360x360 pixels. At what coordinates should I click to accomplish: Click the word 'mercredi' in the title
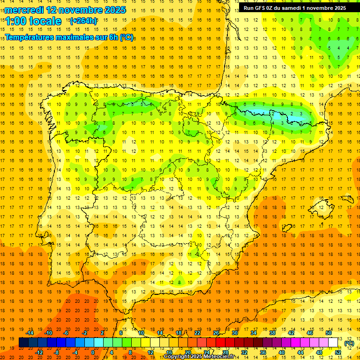(x=23, y=10)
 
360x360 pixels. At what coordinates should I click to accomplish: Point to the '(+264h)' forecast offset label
(x=83, y=21)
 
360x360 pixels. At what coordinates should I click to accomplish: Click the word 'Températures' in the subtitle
(x=32, y=37)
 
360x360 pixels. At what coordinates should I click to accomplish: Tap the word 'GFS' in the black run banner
(x=262, y=8)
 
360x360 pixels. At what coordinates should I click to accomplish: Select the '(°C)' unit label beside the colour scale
(x=349, y=343)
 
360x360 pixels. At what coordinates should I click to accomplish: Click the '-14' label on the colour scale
(x=30, y=333)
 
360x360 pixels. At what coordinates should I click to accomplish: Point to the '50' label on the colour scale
(x=329, y=333)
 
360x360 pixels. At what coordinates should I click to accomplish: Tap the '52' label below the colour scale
(x=338, y=352)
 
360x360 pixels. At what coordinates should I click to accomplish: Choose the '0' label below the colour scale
(x=93, y=352)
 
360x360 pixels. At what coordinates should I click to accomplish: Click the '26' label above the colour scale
(x=216, y=333)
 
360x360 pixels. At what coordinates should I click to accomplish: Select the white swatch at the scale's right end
(x=333, y=342)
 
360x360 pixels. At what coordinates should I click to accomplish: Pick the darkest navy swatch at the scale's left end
(x=23, y=342)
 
